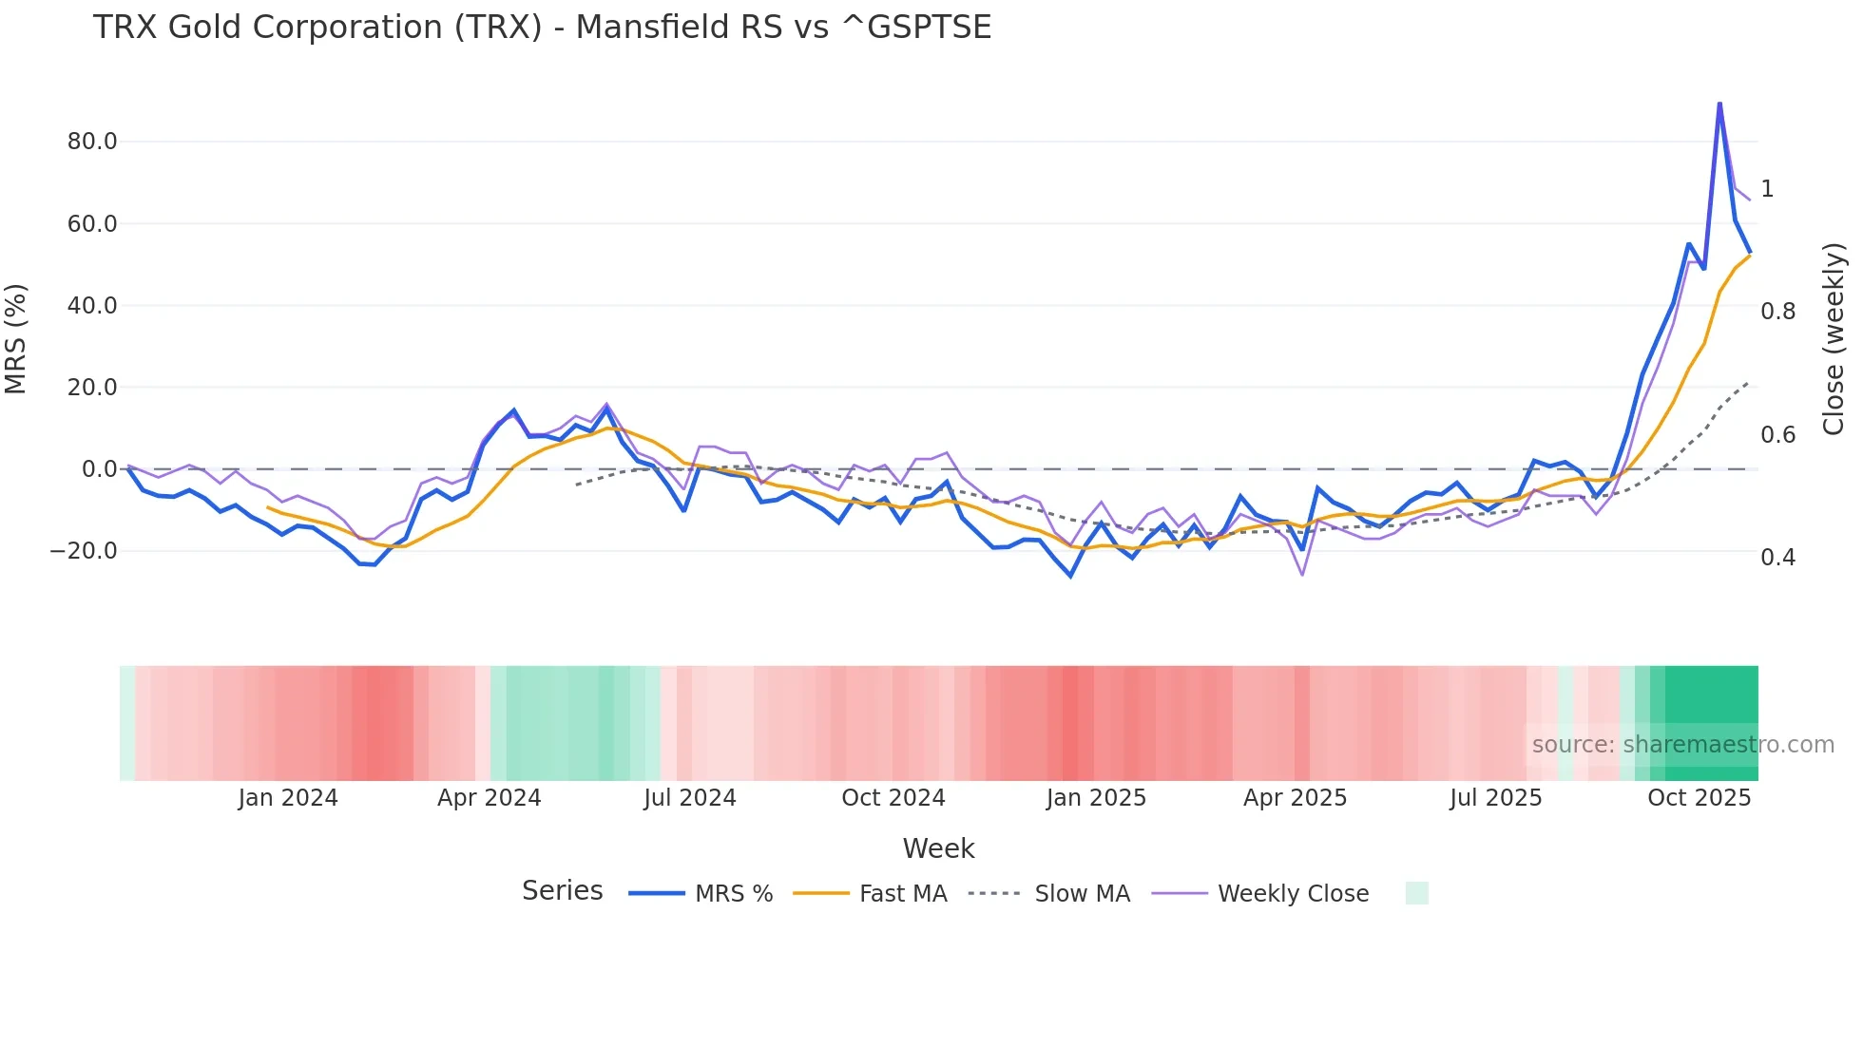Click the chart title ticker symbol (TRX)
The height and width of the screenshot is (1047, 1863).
[x=497, y=28]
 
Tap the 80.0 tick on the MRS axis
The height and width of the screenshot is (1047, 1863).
[x=92, y=142]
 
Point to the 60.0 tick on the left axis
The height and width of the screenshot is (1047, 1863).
[x=92, y=224]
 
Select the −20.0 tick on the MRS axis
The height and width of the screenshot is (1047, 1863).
[x=84, y=551]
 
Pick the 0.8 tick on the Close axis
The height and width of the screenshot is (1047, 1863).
[x=1777, y=312]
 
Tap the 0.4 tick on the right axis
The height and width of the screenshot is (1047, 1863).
[x=1777, y=558]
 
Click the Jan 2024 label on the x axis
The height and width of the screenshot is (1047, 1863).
[x=288, y=798]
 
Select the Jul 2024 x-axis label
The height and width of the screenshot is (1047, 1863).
[x=690, y=798]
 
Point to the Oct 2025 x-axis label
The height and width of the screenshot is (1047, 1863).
[x=1699, y=798]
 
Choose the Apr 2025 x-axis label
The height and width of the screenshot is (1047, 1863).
[x=1295, y=798]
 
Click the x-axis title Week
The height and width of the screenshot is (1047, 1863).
[x=938, y=848]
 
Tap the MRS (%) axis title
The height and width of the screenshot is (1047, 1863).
[x=16, y=339]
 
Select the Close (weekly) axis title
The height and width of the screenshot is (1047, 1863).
[x=1834, y=339]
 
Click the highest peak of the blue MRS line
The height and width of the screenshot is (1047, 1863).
[x=1719, y=104]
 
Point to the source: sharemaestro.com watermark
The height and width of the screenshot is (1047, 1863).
[x=1682, y=745]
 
